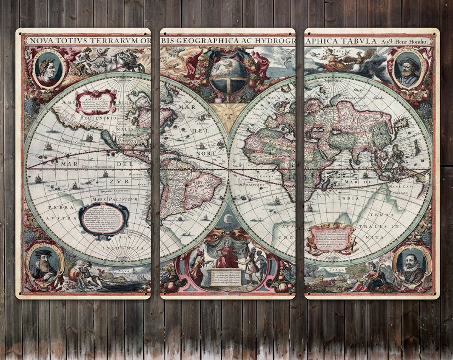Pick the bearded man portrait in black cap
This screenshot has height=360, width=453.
[x=44, y=266]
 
